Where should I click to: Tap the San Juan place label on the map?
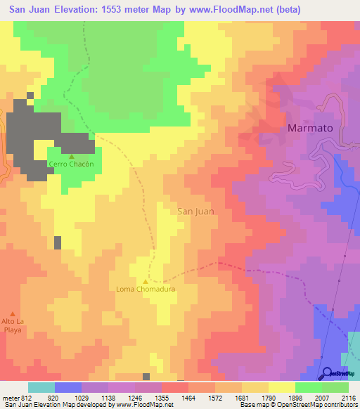pos(195,210)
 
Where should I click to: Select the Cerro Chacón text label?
pos(70,164)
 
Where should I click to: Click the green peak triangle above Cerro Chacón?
pos(71,157)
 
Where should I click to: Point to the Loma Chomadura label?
pos(146,289)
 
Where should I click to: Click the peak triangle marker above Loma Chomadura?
pos(146,281)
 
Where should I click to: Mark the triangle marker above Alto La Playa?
pos(12,313)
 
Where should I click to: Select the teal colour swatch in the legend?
pos(41,387)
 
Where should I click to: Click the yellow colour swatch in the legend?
pos(282,387)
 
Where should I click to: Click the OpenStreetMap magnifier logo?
pos(326,374)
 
